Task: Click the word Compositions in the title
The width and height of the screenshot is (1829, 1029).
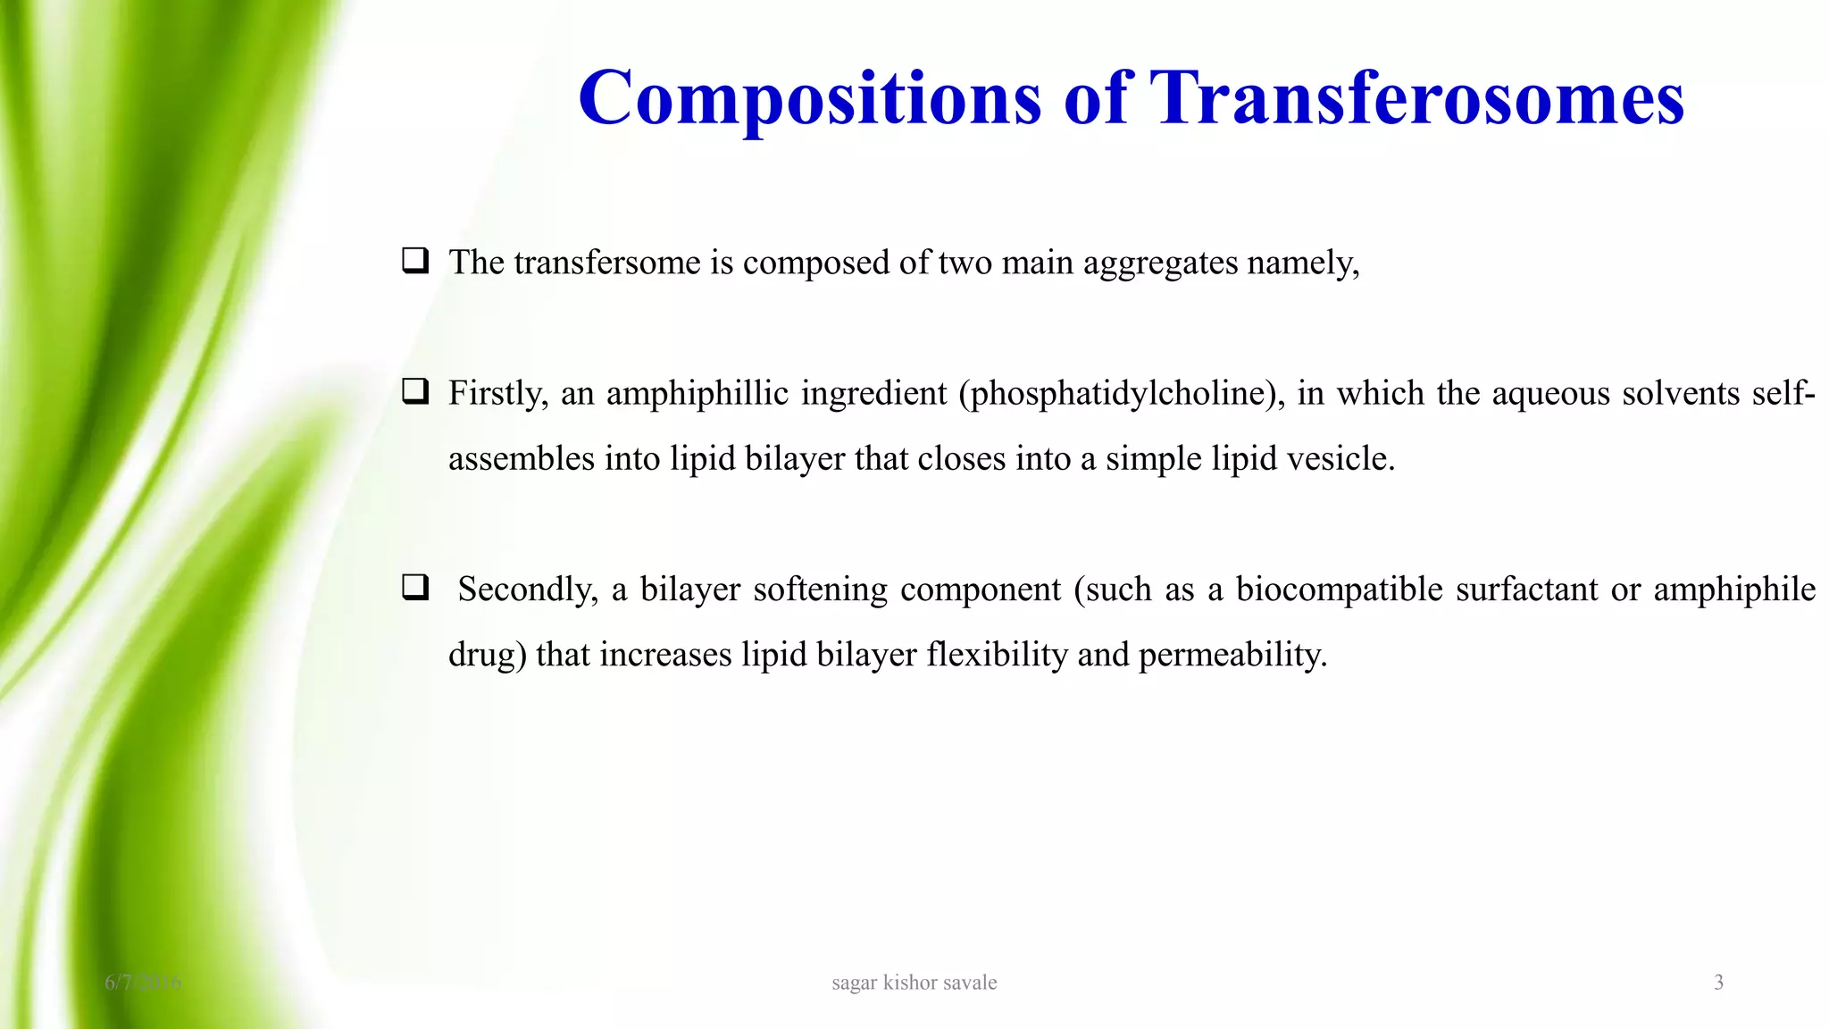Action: [x=809, y=98]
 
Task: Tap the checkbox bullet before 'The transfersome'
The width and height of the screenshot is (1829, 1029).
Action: [x=414, y=261]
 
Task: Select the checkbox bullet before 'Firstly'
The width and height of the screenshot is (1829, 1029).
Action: [x=414, y=391]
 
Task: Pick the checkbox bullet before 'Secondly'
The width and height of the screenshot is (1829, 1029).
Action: [x=414, y=588]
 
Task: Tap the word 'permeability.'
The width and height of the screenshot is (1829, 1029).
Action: [x=1233, y=656]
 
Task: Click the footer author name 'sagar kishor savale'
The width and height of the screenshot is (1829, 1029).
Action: [x=914, y=983]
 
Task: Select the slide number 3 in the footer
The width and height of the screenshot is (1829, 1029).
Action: [x=1718, y=983]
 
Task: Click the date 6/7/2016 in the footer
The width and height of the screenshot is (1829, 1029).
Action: [x=143, y=983]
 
